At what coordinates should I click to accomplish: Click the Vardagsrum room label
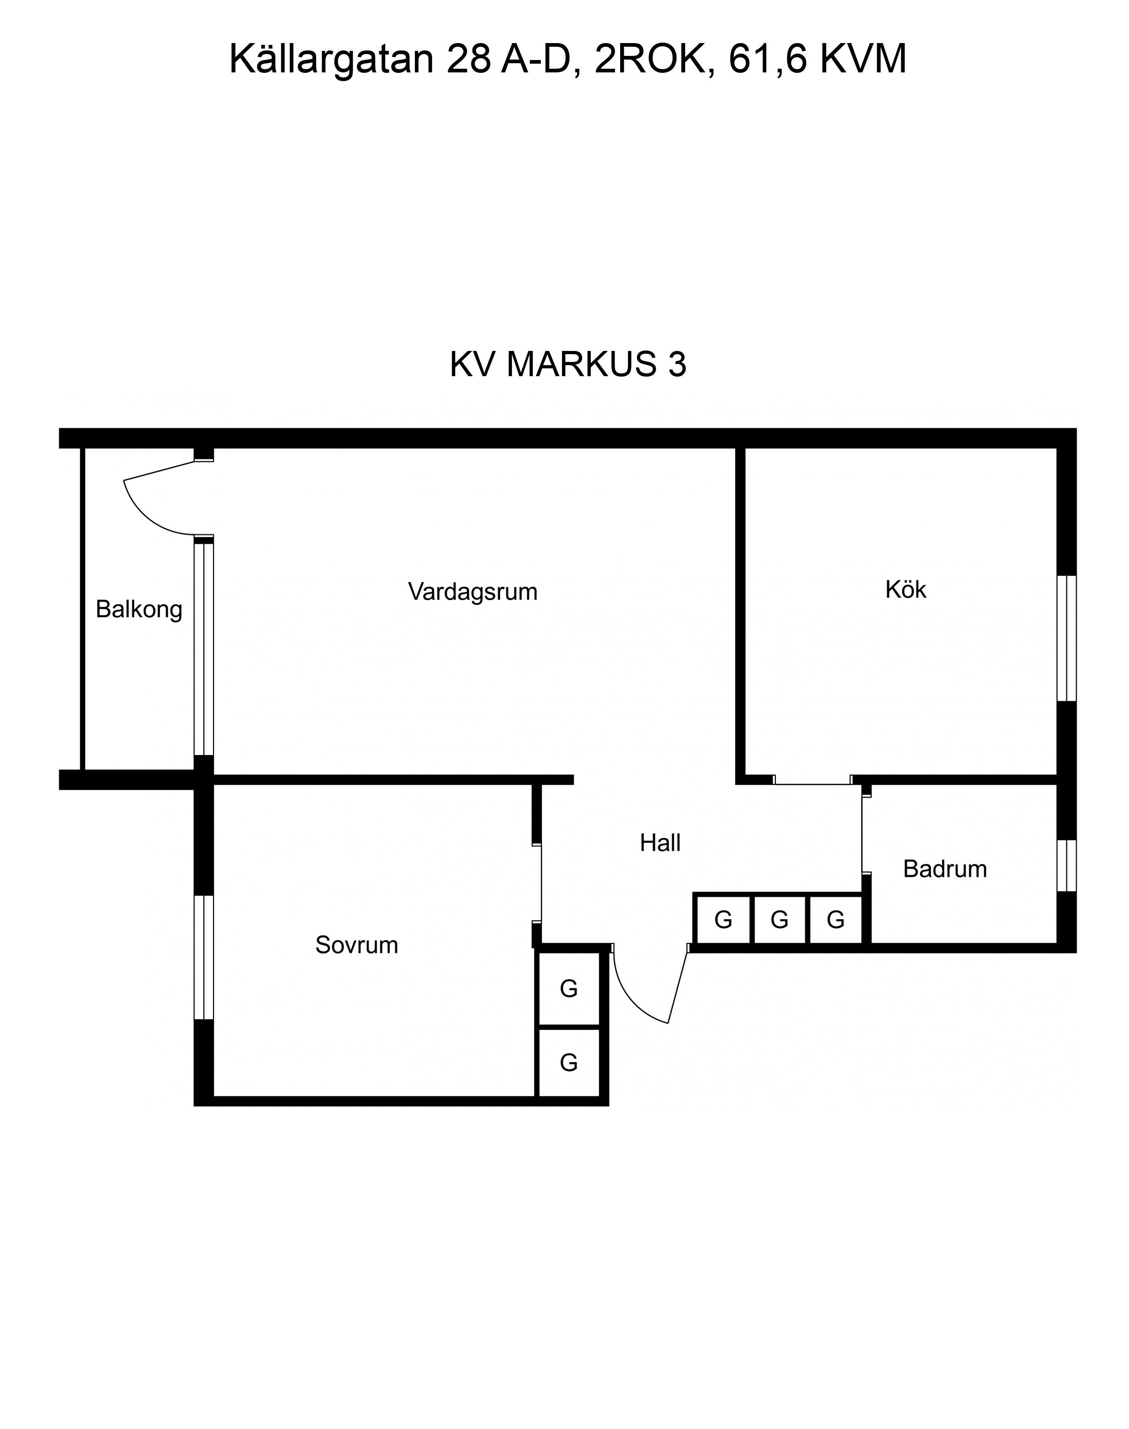(x=473, y=592)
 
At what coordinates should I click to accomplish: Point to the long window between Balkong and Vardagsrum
(x=204, y=649)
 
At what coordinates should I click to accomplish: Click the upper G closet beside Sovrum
(x=569, y=989)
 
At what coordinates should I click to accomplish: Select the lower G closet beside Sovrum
(x=569, y=1062)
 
